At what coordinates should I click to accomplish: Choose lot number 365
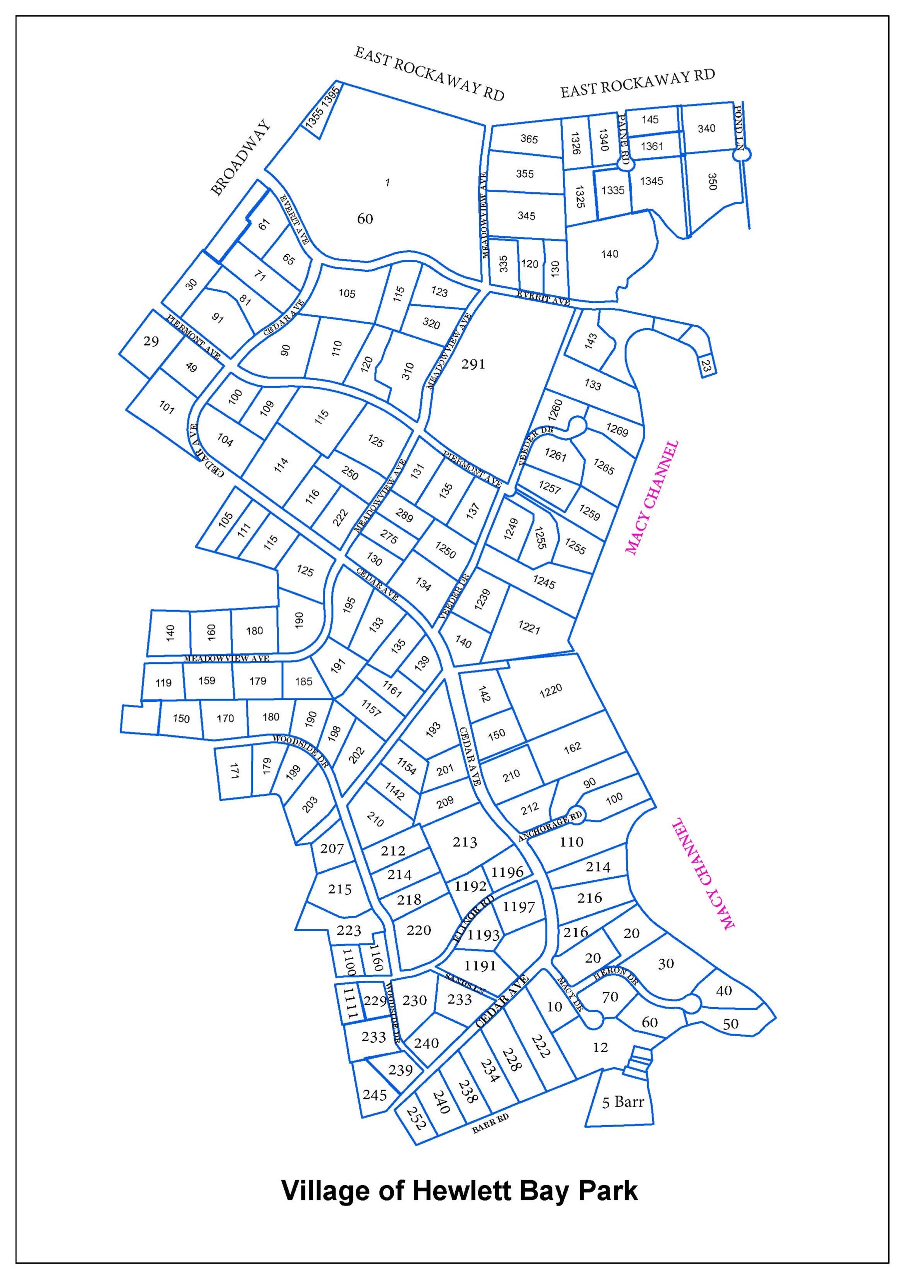click(x=528, y=139)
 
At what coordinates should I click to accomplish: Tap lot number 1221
click(x=529, y=628)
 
